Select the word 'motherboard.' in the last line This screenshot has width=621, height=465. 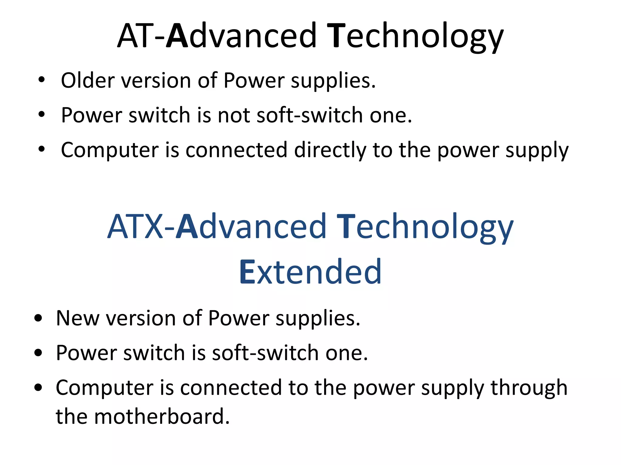162,417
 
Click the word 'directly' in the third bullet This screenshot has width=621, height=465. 330,150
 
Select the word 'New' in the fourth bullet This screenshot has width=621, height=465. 78,318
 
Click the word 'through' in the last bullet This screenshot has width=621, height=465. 529,388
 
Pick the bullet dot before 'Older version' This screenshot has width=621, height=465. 42,80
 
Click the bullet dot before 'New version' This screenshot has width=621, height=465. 38,318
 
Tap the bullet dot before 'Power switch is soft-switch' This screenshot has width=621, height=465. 38,353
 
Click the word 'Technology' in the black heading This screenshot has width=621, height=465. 415,36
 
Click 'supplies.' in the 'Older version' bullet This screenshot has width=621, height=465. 333,81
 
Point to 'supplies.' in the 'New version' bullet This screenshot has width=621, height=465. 318,319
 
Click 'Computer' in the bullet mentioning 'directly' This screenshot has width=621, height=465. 110,150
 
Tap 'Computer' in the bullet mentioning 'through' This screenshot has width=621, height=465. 105,388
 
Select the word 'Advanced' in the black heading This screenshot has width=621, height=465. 241,36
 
